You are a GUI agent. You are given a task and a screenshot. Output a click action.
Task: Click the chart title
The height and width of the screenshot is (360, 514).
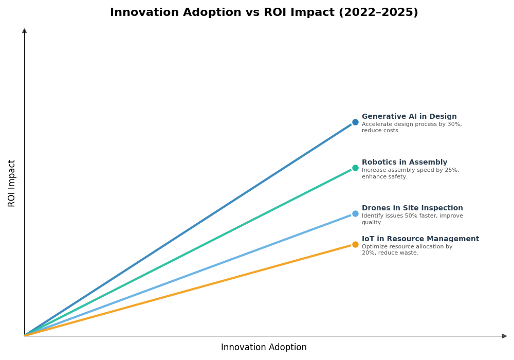coord(264,13)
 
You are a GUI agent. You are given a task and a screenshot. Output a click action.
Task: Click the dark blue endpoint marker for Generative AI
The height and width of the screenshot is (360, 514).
coord(355,122)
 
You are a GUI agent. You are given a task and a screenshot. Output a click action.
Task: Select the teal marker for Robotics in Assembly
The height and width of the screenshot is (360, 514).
coord(355,168)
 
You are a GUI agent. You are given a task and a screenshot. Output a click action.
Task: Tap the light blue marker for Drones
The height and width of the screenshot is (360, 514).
coord(355,214)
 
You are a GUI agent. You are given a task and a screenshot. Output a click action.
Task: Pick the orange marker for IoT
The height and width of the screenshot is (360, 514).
coord(355,245)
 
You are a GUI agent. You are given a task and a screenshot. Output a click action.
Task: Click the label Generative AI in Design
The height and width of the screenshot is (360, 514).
coord(409,117)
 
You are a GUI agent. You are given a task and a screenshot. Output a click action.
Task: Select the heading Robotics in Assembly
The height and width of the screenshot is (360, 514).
coord(405,163)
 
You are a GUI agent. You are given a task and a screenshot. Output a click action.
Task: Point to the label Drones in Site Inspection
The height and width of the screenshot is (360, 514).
coord(412,208)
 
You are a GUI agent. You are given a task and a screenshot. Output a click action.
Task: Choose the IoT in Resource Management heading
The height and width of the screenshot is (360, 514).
coord(420,239)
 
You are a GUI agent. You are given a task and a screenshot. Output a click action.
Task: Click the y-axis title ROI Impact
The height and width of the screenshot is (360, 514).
coord(12,183)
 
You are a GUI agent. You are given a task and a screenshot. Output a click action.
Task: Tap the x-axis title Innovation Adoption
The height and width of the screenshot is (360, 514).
coord(264,348)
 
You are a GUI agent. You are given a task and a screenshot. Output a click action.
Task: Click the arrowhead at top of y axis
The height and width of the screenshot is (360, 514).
coord(24,31)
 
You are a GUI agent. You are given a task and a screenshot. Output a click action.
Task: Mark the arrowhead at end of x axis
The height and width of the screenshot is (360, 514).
coord(504,336)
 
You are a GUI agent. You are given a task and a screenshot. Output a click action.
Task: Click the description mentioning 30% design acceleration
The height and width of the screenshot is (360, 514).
coord(411,128)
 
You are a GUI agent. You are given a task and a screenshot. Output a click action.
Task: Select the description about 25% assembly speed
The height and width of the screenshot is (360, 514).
coord(410,173)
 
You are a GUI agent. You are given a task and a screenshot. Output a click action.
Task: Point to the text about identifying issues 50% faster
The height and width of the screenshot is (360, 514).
coord(412,219)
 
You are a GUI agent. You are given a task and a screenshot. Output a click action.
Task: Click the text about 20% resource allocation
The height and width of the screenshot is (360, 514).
coord(407,250)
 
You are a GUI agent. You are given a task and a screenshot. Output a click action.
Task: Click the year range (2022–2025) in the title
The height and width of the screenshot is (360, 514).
coord(378,13)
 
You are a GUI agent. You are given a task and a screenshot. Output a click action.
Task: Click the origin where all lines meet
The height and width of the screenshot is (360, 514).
coord(25,335)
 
